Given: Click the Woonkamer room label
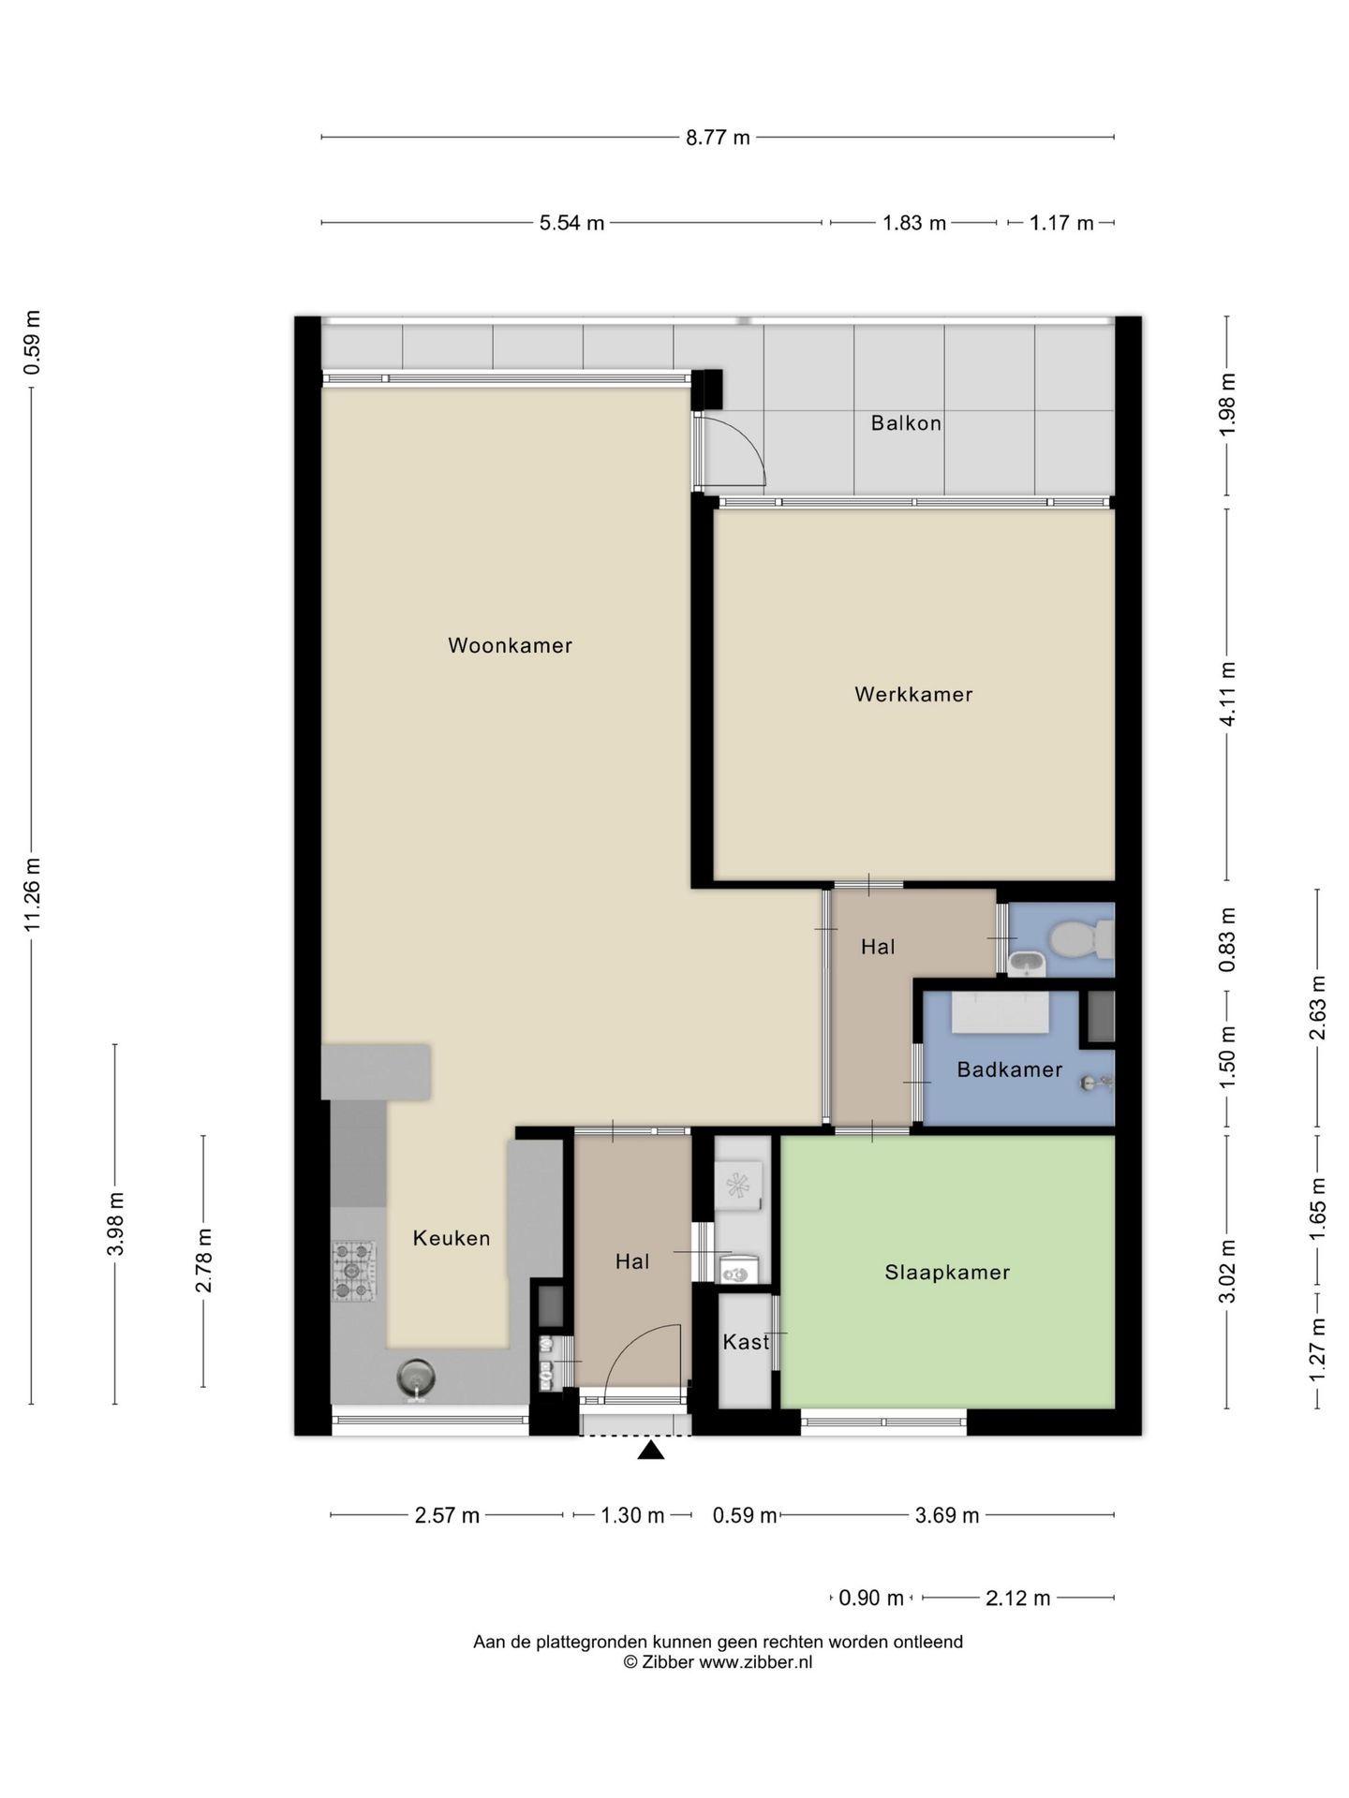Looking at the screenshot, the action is (510, 645).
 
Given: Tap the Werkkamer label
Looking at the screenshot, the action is (913, 694).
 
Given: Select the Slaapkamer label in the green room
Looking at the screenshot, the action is (947, 1272).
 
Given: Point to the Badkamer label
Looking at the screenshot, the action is (1009, 1069).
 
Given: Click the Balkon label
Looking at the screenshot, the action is (906, 423).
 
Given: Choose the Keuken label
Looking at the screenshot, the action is (452, 1238).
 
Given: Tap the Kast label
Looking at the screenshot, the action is (746, 1342).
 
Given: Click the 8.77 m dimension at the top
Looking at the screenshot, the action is (718, 138).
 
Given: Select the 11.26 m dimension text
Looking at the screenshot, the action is (33, 892).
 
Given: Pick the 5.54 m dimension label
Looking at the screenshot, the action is (571, 223).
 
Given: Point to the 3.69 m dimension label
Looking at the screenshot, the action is (947, 1515).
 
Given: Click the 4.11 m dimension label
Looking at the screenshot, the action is (1227, 693).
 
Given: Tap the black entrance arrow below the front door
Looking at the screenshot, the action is (651, 1450).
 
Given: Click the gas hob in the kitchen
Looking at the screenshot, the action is (354, 1271).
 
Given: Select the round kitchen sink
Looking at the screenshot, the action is (416, 1378).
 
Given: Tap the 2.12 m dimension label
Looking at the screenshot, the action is (1018, 1599).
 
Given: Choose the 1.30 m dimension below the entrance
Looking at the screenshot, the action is (632, 1515).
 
